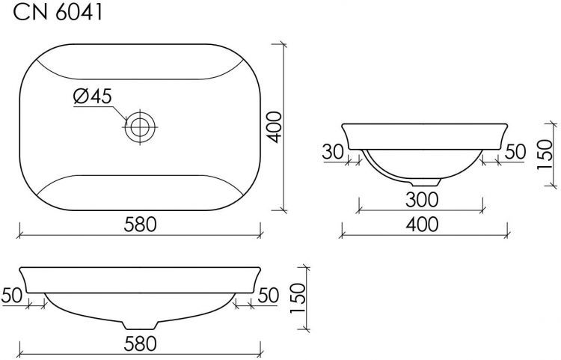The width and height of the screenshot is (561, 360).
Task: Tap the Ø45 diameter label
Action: click(93, 96)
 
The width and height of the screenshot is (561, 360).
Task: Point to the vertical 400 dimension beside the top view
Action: click(274, 128)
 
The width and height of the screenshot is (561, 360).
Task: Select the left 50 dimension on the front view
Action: click(13, 295)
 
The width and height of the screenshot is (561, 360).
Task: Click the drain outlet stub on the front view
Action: click(140, 323)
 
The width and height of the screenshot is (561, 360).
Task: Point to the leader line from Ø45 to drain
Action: click(121, 112)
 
